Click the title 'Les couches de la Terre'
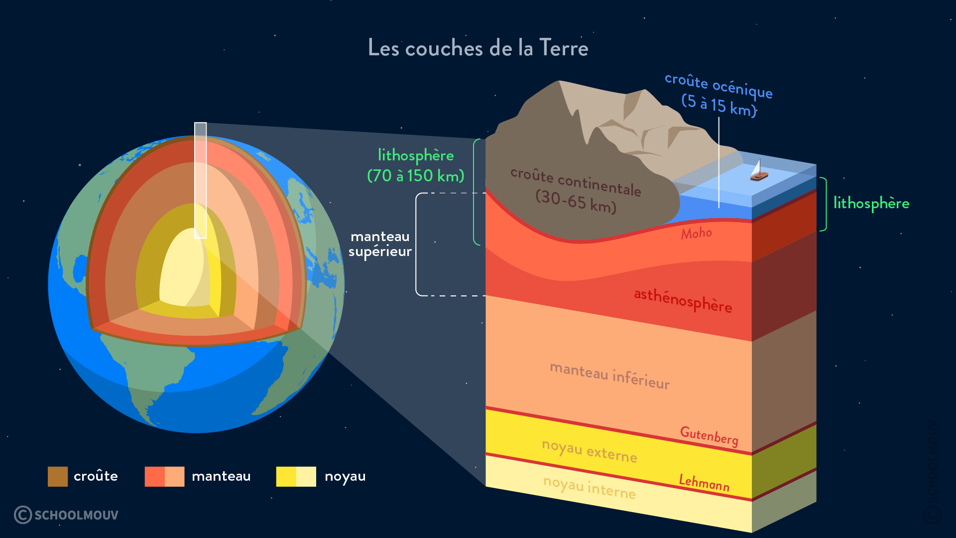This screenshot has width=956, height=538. tap(478, 48)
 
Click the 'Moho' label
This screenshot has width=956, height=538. tap(696, 233)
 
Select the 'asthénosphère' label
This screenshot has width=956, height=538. tap(683, 300)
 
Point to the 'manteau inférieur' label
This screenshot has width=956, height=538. tap(609, 376)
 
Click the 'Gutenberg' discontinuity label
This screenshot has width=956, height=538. tap(709, 436)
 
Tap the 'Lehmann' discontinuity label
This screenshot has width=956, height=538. tap(704, 482)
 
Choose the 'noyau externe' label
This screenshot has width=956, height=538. tap(589, 451)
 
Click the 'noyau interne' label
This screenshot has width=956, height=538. tap(589, 487)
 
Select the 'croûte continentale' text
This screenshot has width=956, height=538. tap(576, 182)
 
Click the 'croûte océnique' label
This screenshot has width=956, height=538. tap(718, 85)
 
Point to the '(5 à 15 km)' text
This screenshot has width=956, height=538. tap(718, 105)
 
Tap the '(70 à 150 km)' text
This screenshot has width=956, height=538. tap(415, 176)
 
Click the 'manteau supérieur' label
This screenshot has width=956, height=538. tap(380, 244)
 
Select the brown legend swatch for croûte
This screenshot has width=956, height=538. tap(58, 476)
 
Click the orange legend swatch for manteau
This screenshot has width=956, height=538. tap(164, 476)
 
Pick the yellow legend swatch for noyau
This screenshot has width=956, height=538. tap(296, 476)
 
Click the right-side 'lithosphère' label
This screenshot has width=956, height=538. tap(871, 203)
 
